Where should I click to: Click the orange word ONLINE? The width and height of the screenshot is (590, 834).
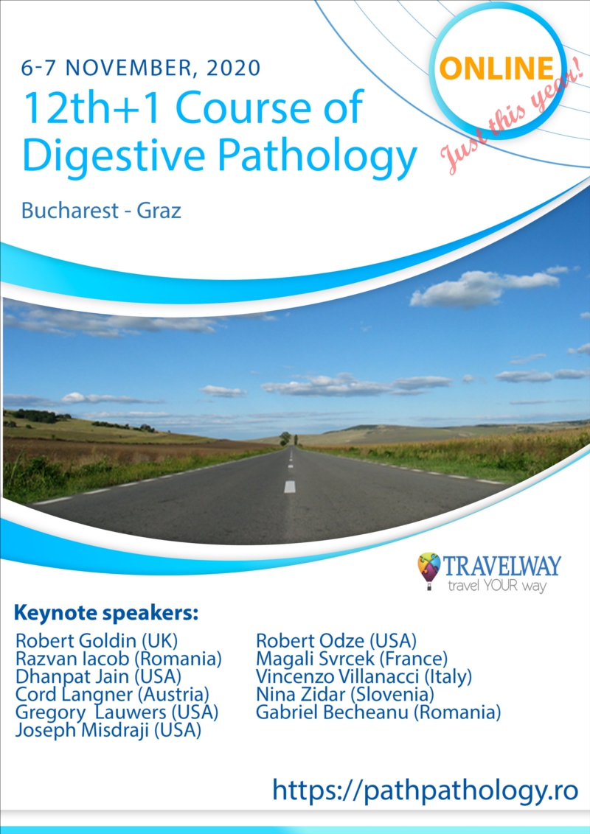click(496, 69)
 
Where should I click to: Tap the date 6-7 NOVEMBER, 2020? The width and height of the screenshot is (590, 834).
click(141, 68)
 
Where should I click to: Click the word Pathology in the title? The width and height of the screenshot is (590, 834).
click(317, 155)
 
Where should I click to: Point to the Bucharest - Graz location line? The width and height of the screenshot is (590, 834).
click(101, 211)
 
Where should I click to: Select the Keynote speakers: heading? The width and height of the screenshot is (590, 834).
click(106, 613)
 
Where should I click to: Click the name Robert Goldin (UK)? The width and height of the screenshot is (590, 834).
click(97, 640)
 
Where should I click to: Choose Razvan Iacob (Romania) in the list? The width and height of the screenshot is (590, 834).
click(118, 659)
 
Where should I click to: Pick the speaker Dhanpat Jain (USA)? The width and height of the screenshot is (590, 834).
click(99, 676)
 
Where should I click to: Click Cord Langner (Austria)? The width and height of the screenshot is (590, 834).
click(112, 694)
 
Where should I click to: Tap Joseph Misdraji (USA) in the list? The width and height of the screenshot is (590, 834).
click(108, 729)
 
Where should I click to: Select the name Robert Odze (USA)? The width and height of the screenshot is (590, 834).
click(336, 640)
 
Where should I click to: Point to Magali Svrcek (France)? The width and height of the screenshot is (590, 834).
click(352, 659)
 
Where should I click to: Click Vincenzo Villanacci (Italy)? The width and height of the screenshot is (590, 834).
click(364, 676)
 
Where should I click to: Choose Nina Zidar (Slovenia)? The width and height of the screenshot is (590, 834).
click(345, 694)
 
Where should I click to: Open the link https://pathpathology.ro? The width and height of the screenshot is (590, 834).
click(425, 791)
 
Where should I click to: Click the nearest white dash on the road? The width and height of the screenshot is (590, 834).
click(290, 487)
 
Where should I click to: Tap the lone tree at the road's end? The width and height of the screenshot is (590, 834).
click(285, 438)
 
